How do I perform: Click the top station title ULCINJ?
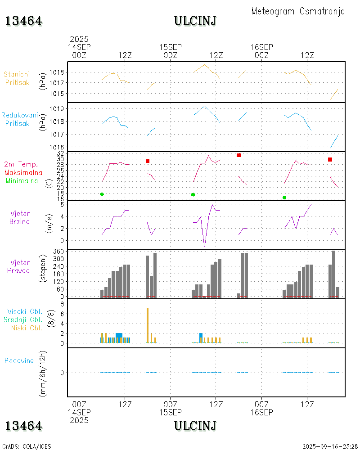pyautogui.click(x=195, y=21)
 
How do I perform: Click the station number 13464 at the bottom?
pyautogui.click(x=24, y=426)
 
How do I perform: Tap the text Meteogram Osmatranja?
pyautogui.click(x=298, y=11)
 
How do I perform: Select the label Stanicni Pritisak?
pyautogui.click(x=17, y=78)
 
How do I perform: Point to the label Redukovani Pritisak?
pyautogui.click(x=19, y=119)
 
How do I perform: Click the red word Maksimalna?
pyautogui.click(x=23, y=172)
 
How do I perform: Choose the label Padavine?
pyautogui.click(x=19, y=360)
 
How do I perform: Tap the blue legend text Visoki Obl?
pyautogui.click(x=24, y=311)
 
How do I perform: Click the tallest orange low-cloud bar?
pyautogui.click(x=148, y=325)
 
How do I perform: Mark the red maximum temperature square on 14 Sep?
pyautogui.click(x=148, y=161)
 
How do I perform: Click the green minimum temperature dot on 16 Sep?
pyautogui.click(x=284, y=198)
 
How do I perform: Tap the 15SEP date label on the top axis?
pyautogui.click(x=171, y=47)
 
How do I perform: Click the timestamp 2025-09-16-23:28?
pyautogui.click(x=330, y=446)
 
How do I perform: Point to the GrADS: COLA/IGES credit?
pyautogui.click(x=27, y=446)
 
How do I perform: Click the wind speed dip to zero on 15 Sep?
pyautogui.click(x=204, y=246)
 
